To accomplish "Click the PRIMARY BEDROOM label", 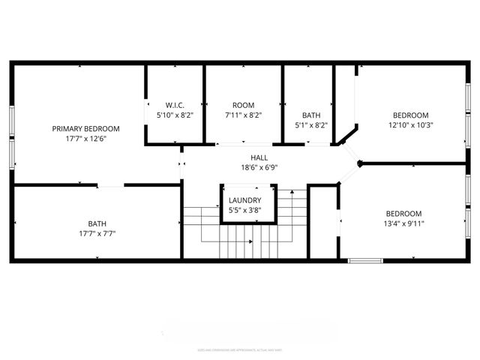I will click(85, 128).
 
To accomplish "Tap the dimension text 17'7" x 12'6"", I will click(85, 139).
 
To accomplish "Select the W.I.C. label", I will click(175, 105).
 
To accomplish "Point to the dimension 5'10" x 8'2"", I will click(175, 115).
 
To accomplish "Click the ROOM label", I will click(244, 105).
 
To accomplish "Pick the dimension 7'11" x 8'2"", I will click(244, 115).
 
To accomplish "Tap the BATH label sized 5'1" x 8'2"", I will click(310, 115).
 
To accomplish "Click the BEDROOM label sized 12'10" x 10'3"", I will click(411, 115).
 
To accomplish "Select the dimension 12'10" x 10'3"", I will click(411, 125).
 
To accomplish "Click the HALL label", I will click(259, 157).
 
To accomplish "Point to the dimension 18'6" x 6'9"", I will click(259, 168).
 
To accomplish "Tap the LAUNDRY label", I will click(245, 200).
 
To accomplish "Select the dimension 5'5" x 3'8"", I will click(245, 211).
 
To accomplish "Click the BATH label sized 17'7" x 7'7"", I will click(97, 223).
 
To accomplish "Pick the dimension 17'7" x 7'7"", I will click(97, 233).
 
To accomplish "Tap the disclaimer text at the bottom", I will click(240, 349).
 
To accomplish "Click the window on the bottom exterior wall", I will click(365, 260).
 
